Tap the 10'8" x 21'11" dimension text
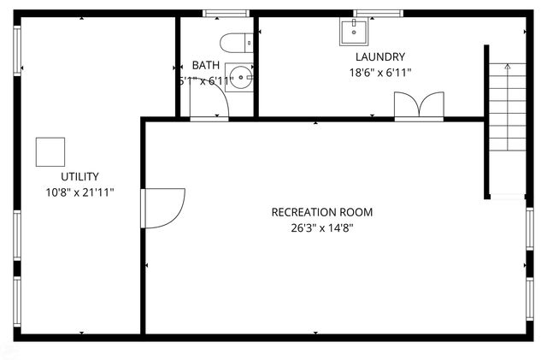[79, 192]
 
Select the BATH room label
[205, 65]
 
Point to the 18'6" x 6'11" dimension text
[379, 73]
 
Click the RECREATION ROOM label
[321, 212]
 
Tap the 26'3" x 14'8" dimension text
[321, 227]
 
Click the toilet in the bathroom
[233, 41]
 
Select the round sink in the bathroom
[241, 78]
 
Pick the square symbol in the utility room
[50, 151]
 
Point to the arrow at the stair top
[507, 66]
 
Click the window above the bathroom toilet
[226, 13]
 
